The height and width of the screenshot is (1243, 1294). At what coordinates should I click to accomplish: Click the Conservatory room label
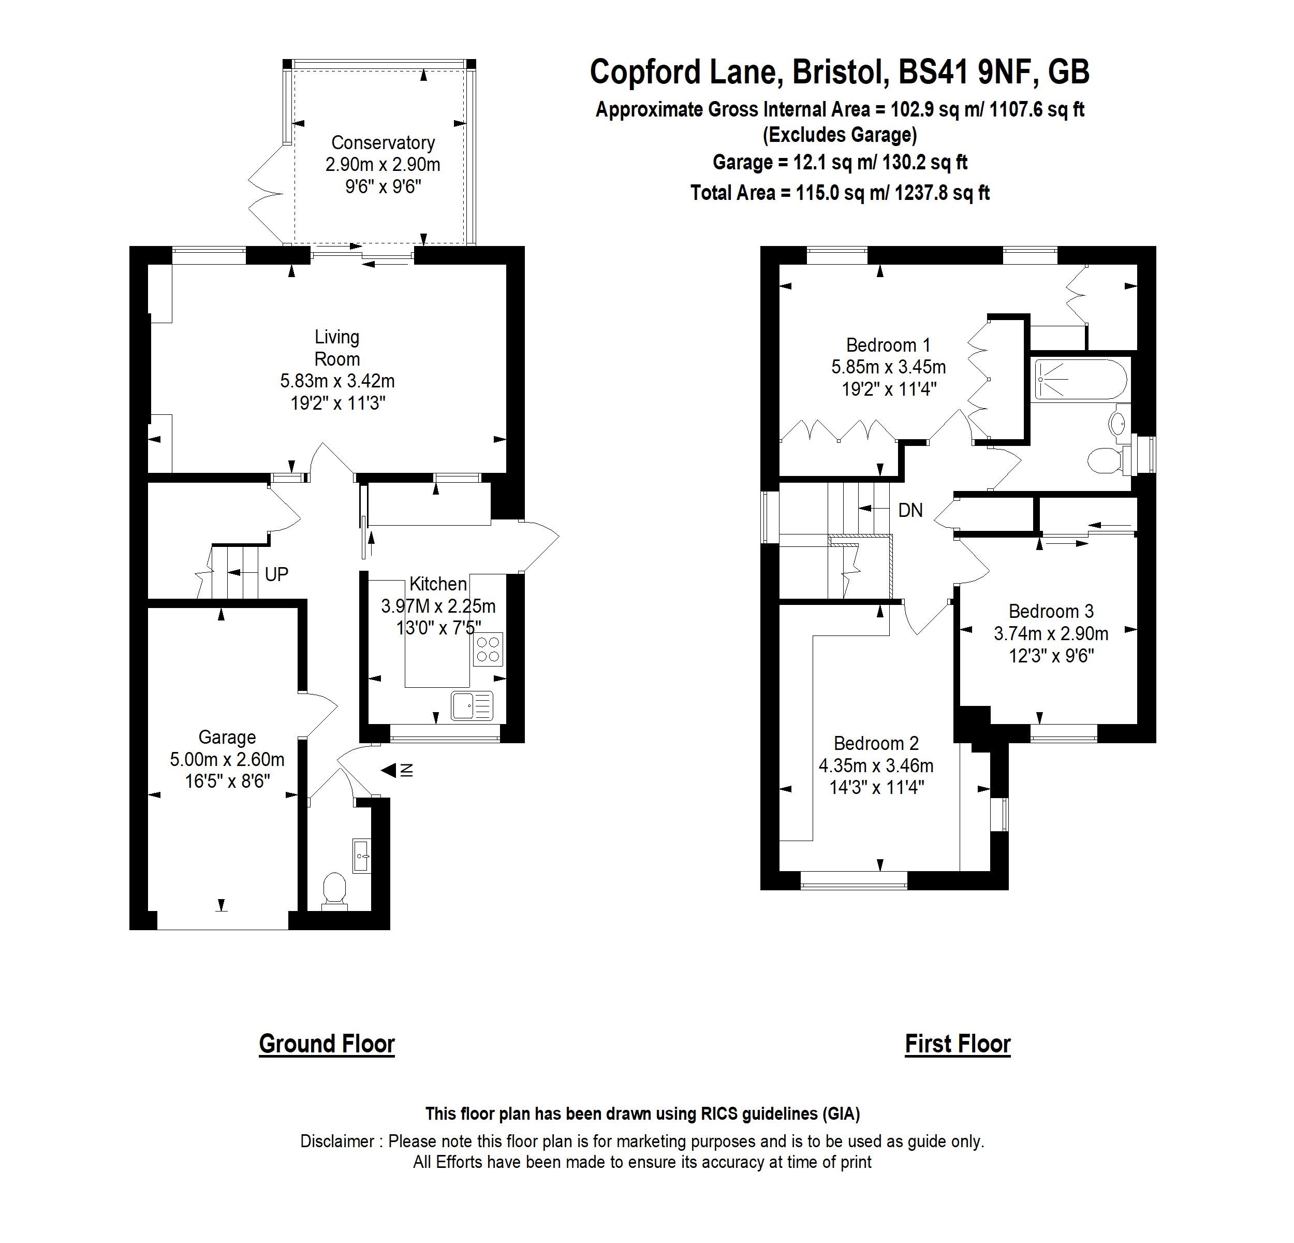[383, 142]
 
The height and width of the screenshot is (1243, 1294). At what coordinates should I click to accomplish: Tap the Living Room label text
[337, 348]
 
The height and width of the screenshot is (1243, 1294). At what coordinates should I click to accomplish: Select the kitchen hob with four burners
[488, 649]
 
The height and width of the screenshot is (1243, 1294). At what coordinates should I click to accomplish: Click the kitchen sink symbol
[472, 705]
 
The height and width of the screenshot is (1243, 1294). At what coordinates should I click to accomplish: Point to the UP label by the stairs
[276, 574]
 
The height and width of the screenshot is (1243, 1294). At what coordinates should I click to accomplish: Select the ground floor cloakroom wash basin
[362, 856]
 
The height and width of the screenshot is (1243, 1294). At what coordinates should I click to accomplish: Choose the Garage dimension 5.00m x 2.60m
[227, 760]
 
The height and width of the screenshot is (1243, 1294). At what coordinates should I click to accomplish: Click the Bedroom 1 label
[888, 345]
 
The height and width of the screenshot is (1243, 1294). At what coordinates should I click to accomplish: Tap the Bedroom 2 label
[876, 744]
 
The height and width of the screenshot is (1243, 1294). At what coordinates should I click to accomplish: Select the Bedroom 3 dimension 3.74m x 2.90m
[1051, 634]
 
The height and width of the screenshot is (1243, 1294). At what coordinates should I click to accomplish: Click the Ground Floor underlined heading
[327, 1044]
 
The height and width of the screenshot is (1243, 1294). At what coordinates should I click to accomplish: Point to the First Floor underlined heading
[957, 1044]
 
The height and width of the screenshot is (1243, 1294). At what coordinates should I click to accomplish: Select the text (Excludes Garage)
[840, 135]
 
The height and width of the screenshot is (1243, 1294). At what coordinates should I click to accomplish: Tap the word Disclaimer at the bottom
[337, 1141]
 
